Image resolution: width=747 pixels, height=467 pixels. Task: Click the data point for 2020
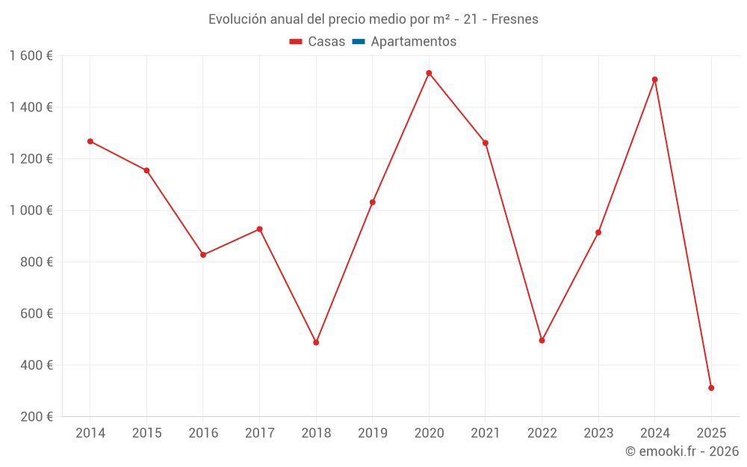pyautogui.click(x=429, y=73)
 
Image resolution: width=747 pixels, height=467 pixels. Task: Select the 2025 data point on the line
pyautogui.click(x=711, y=388)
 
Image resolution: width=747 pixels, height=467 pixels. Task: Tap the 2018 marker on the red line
pyautogui.click(x=316, y=342)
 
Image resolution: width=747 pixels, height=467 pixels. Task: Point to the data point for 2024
pyautogui.click(x=654, y=79)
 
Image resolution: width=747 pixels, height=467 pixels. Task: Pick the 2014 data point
pyautogui.click(x=90, y=141)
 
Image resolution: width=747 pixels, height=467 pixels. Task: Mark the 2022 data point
pyautogui.click(x=542, y=340)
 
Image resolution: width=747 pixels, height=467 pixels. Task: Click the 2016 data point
pyautogui.click(x=203, y=255)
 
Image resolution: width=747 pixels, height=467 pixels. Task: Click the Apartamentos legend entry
pyautogui.click(x=413, y=42)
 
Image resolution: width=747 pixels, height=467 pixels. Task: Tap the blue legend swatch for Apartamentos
pyautogui.click(x=358, y=42)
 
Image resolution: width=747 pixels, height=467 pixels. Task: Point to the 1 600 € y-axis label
pyautogui.click(x=31, y=56)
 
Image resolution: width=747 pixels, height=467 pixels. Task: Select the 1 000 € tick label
pyautogui.click(x=31, y=211)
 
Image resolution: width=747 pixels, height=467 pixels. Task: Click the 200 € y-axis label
pyautogui.click(x=35, y=417)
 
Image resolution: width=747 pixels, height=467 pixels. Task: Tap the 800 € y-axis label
pyautogui.click(x=35, y=262)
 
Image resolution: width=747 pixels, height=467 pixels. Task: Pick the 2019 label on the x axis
pyautogui.click(x=372, y=433)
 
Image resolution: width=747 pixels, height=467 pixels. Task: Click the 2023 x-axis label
pyautogui.click(x=598, y=433)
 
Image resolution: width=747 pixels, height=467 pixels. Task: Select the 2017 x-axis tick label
pyautogui.click(x=259, y=433)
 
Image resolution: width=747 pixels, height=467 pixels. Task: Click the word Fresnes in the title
pyautogui.click(x=515, y=19)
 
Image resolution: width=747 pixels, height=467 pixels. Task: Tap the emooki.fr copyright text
pyautogui.click(x=682, y=451)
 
